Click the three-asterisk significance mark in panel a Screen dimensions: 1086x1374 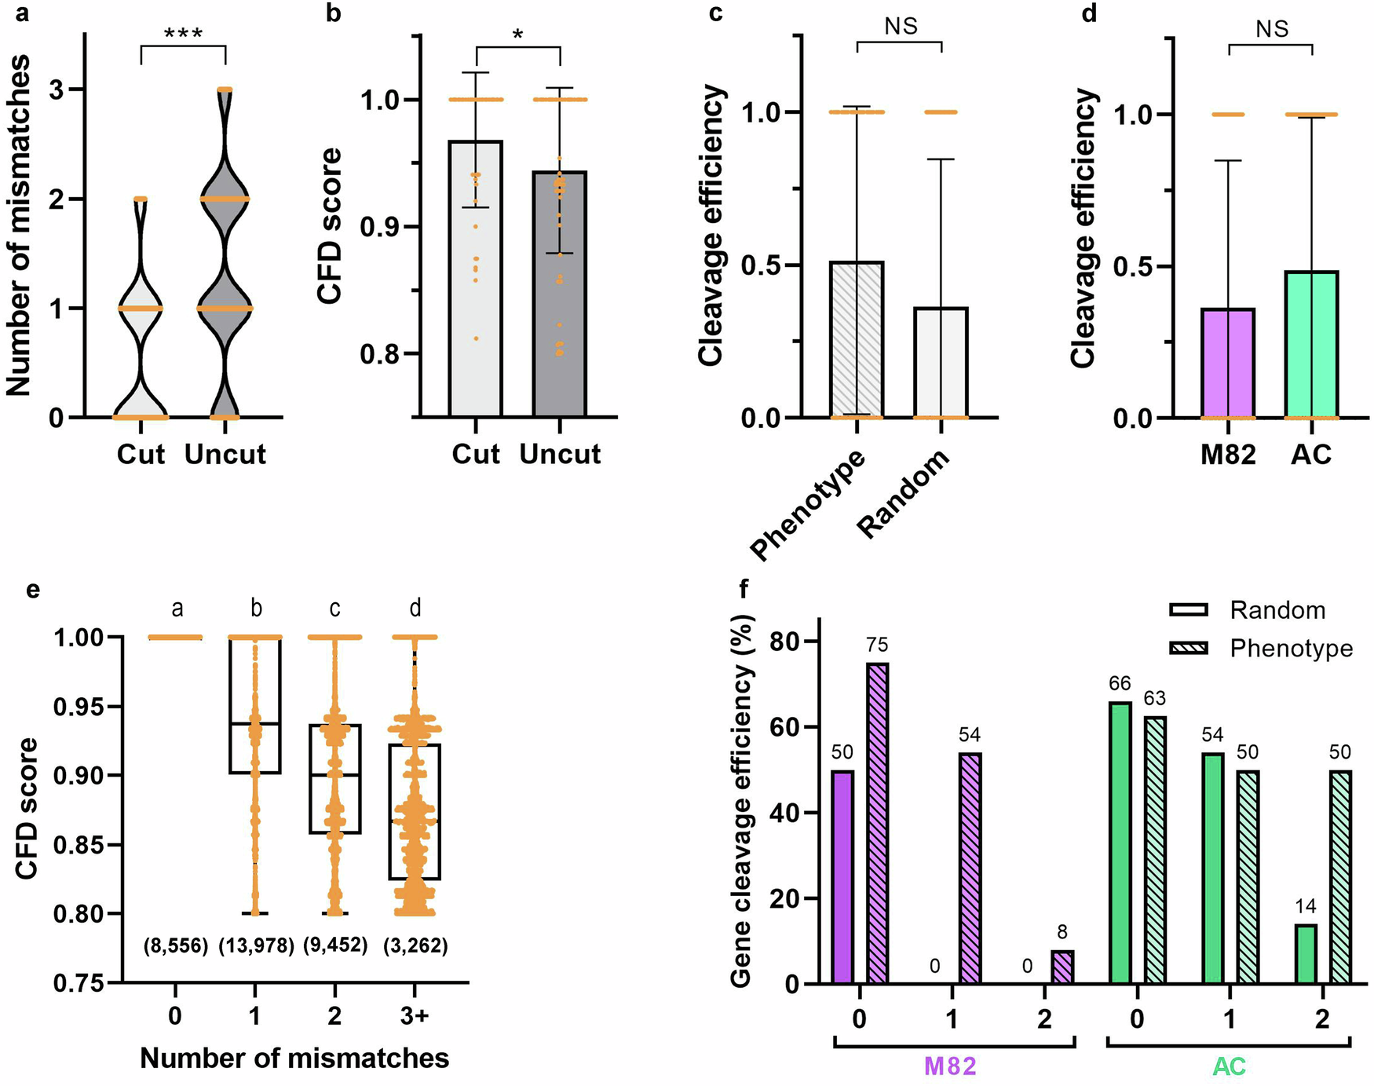pos(183,34)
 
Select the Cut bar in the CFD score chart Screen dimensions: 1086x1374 pos(476,283)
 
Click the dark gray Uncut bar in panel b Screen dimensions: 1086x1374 pos(560,298)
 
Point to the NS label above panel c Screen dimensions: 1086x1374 pos(901,27)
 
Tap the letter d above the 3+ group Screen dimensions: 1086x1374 pos(415,608)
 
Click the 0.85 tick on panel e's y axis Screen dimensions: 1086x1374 pos(78,846)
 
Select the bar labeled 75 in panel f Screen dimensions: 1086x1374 pos(877,825)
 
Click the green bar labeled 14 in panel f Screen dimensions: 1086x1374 pos(1305,955)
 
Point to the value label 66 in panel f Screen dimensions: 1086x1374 pos(1120,683)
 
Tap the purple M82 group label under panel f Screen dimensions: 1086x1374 pos(951,1066)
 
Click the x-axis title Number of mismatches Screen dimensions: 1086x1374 pos(294,1059)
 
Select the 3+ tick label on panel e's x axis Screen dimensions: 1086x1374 pos(415,1016)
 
